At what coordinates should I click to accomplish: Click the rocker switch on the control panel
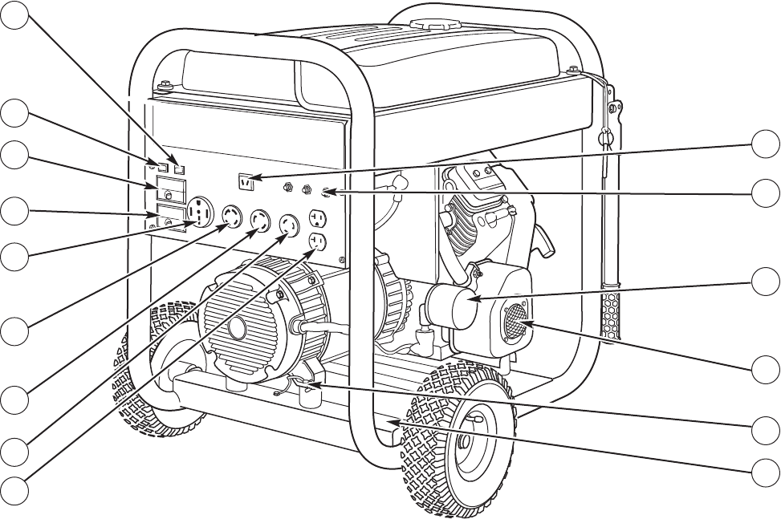pos(246,183)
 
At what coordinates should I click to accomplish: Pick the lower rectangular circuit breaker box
pos(169,217)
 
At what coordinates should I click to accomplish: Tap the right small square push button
pos(180,168)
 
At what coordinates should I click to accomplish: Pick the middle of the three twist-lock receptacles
pos(260,221)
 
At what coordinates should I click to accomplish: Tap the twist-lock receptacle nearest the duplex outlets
pos(288,228)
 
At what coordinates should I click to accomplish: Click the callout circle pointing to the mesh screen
pos(766,370)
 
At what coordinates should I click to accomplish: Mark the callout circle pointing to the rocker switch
pos(766,147)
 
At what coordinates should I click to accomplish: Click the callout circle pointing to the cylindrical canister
pos(766,282)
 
